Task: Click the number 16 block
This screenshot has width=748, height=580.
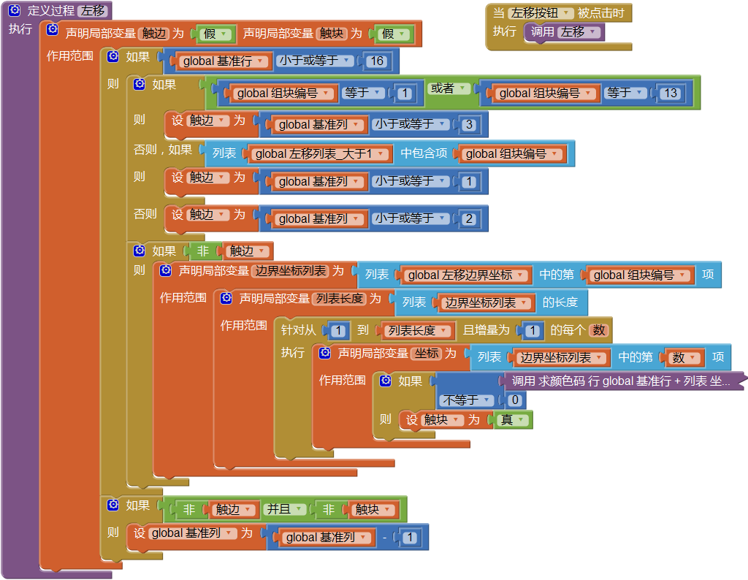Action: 377,61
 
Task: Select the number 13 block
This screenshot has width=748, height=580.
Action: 668,93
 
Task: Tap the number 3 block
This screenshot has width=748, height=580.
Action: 469,125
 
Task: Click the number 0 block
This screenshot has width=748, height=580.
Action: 514,400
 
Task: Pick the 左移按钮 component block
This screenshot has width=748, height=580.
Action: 541,13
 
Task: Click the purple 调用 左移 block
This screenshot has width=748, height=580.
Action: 564,32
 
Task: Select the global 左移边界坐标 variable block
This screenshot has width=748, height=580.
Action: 465,275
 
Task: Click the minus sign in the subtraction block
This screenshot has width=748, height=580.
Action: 384,538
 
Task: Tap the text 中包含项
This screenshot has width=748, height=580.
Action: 424,153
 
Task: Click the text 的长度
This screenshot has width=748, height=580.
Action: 560,302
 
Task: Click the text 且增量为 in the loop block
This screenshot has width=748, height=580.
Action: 486,330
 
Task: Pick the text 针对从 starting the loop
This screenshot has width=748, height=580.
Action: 298,330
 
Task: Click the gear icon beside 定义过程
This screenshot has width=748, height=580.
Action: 15,11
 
